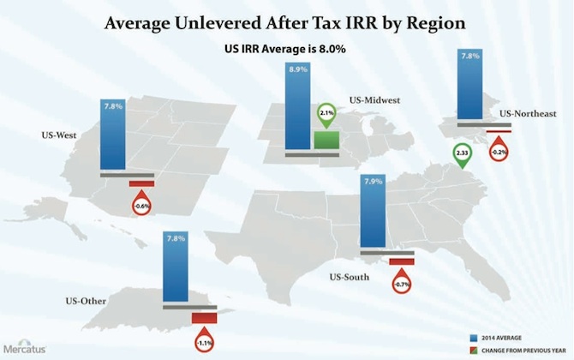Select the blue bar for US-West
pos(113,137)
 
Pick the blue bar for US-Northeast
pos(469,86)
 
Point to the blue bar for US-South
pos(373,214)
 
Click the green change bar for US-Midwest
pos(326,141)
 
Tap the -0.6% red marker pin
pos(141,205)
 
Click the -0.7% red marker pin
pos(401,281)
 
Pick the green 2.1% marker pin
pos(326,112)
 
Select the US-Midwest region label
pos(375,101)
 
